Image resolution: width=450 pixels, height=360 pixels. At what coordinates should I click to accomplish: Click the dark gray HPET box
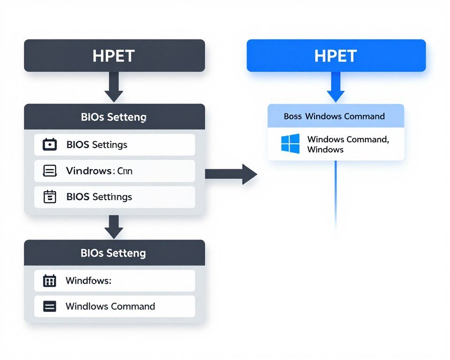(x=114, y=56)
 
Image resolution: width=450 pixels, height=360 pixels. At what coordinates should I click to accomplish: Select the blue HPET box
(x=336, y=56)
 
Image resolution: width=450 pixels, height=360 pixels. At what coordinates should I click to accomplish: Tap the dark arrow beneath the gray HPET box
(x=114, y=88)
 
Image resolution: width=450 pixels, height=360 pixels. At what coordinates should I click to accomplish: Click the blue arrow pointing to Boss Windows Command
(x=336, y=88)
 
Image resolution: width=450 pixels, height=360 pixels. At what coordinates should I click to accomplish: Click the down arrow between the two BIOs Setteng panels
(x=114, y=227)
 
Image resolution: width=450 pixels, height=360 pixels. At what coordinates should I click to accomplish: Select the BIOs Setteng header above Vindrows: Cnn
(x=113, y=117)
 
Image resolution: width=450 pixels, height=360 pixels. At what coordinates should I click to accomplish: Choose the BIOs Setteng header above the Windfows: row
(x=113, y=253)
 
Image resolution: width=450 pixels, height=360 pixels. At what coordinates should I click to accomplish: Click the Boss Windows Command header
(x=334, y=116)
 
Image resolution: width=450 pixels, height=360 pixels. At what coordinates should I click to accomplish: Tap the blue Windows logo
(x=290, y=144)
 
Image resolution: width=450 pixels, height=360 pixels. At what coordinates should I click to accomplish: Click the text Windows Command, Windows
(x=348, y=144)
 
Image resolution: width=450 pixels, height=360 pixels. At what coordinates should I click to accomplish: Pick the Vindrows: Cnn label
(x=99, y=171)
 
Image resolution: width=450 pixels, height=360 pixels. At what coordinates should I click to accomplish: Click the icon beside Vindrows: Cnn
(x=50, y=171)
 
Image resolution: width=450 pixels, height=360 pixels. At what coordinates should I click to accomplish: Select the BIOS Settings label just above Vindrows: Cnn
(x=97, y=144)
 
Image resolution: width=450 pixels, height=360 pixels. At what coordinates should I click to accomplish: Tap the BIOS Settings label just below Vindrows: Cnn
(x=99, y=197)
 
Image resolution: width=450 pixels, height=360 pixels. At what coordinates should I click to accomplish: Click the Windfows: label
(x=88, y=281)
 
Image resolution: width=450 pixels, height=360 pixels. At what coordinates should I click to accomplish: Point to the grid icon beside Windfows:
(x=49, y=281)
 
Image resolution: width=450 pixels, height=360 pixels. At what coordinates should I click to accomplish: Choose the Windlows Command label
(x=110, y=307)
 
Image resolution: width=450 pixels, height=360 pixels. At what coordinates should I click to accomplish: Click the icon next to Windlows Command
(x=49, y=307)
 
